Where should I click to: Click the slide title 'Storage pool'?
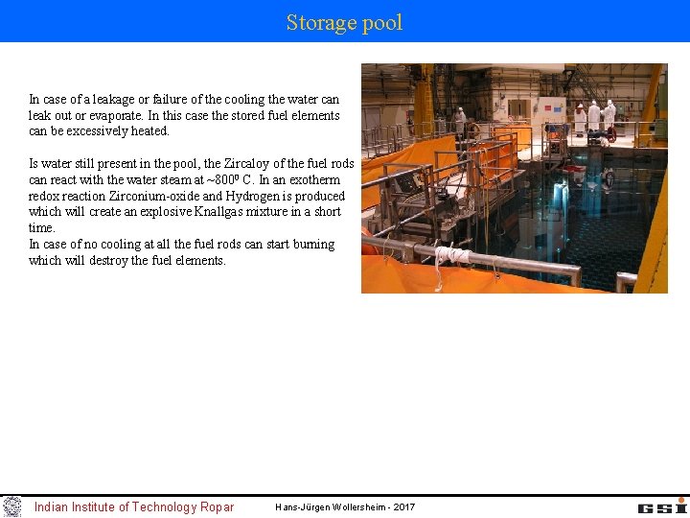point(344,22)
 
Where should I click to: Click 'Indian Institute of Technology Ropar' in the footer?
point(134,506)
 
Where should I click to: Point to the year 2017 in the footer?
point(404,506)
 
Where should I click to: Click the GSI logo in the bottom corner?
point(662,506)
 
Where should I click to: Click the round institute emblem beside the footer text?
point(11,506)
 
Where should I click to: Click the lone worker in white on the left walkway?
point(460,120)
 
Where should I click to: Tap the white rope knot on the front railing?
point(448,256)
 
